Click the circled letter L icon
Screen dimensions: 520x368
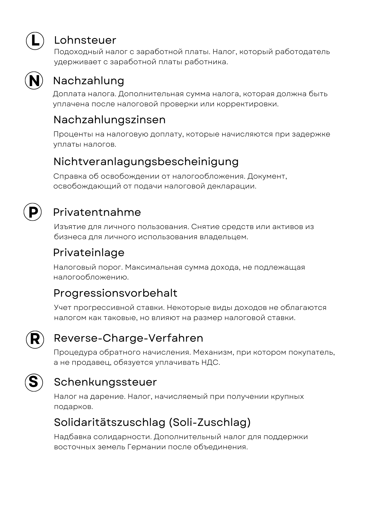click(x=35, y=41)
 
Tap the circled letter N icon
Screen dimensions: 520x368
click(x=34, y=81)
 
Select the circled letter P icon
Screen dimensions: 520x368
click(x=33, y=212)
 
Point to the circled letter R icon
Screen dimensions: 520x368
click(x=35, y=339)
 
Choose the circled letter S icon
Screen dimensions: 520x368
click(x=34, y=382)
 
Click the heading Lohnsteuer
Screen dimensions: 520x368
click(x=85, y=40)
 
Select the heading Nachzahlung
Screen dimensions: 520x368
click(x=88, y=81)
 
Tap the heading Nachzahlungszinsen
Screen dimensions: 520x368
click(x=109, y=120)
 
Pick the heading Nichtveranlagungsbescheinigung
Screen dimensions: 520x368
click(x=146, y=162)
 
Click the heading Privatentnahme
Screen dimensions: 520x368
click(x=97, y=212)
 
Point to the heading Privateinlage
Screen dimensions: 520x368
click(x=89, y=252)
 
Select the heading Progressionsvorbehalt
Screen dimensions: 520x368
click(x=115, y=293)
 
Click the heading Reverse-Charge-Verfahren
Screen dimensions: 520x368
click(x=128, y=338)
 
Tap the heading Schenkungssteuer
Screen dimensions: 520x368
click(x=105, y=382)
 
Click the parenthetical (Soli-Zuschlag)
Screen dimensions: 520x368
click(x=210, y=422)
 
